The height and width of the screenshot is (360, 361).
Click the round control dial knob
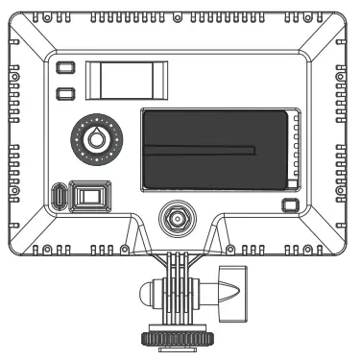[94, 138]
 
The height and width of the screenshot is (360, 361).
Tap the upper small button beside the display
[65, 68]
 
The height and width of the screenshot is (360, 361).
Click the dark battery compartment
[216, 150]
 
